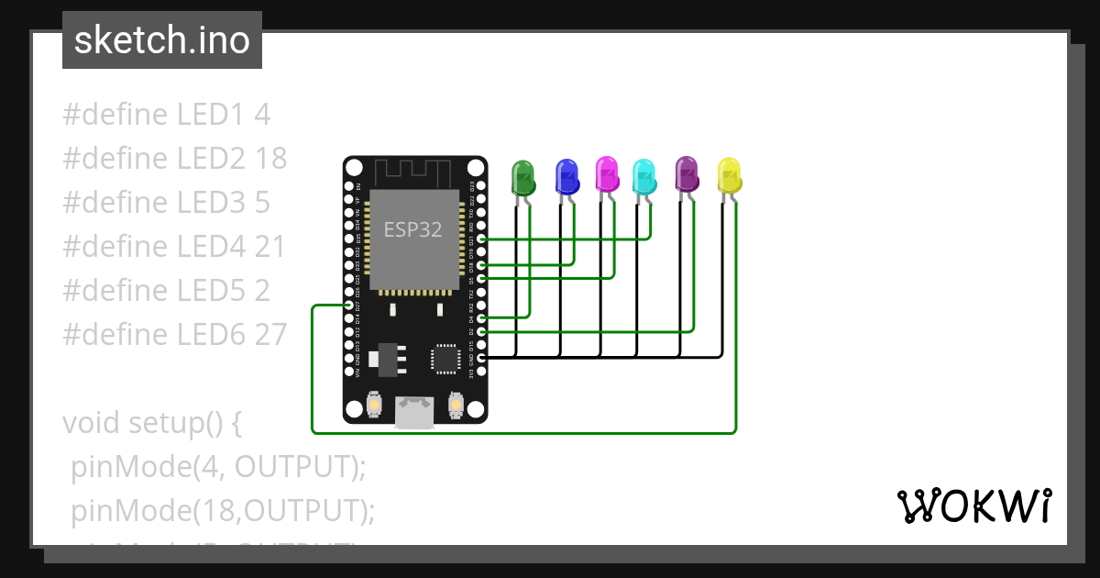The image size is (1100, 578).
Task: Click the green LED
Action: (x=522, y=177)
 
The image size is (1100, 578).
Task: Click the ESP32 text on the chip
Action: (x=412, y=230)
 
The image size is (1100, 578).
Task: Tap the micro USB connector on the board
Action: (x=414, y=413)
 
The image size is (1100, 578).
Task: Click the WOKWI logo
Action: (x=973, y=506)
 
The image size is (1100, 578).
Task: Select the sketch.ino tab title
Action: (x=162, y=40)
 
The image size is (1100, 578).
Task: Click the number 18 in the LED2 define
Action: (x=270, y=159)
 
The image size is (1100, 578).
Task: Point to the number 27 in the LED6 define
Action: (x=270, y=334)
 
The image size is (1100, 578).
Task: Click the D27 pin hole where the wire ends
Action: (x=348, y=305)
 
